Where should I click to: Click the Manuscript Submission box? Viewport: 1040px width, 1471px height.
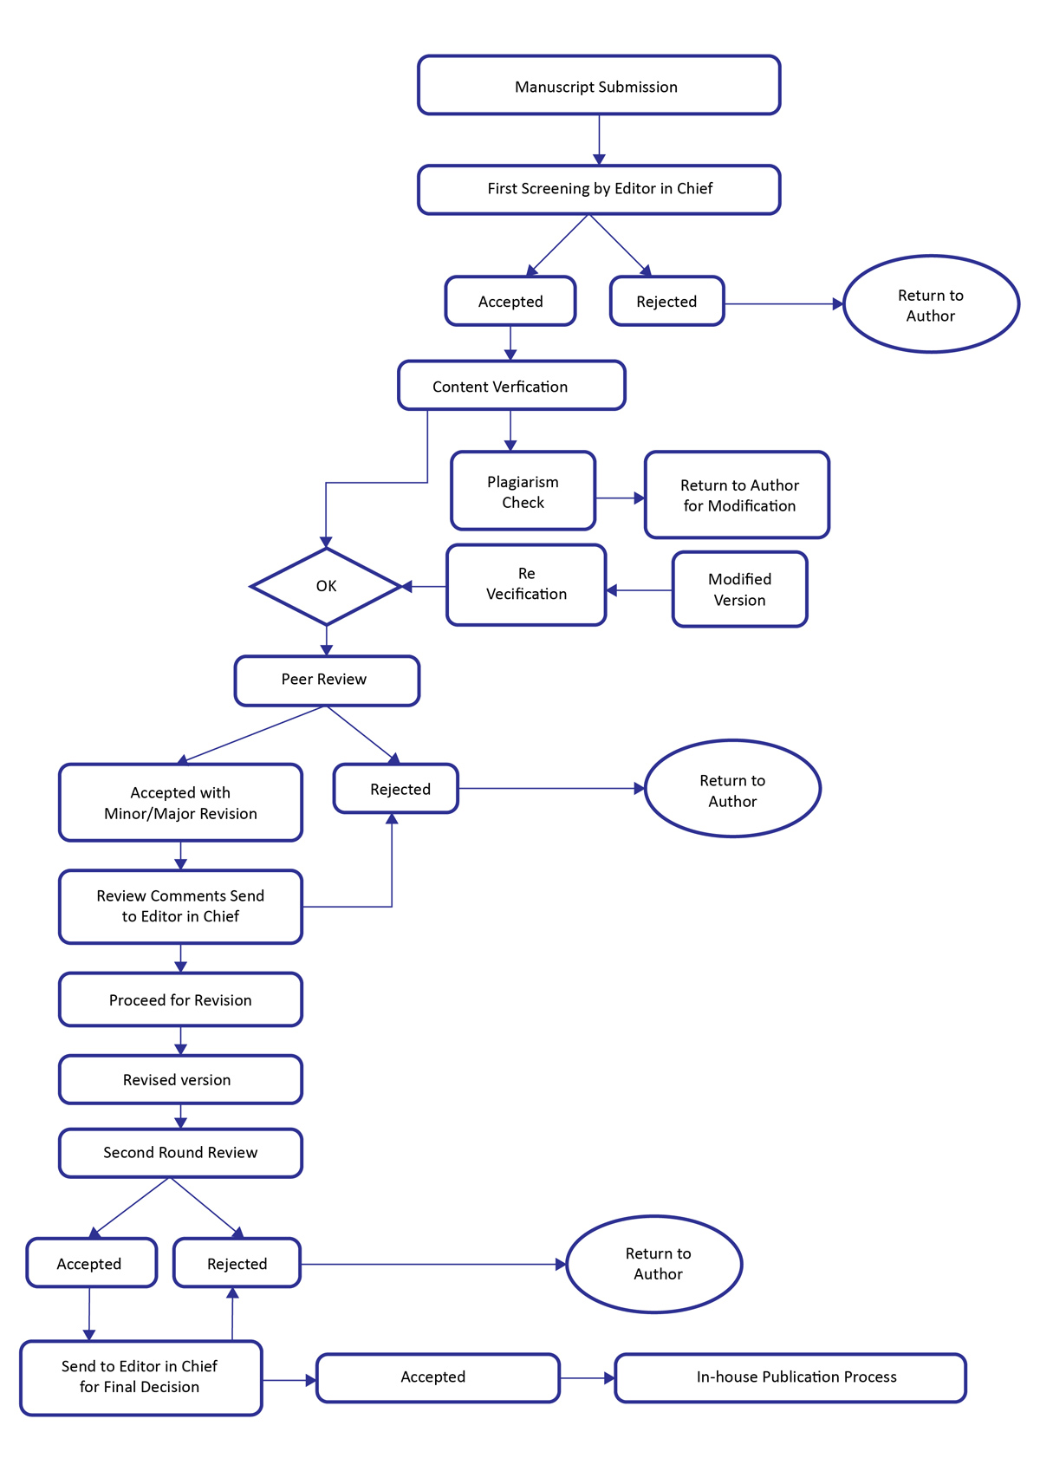[x=599, y=85]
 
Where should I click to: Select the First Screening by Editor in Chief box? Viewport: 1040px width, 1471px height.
[x=599, y=189]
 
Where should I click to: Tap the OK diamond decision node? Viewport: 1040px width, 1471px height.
[x=326, y=586]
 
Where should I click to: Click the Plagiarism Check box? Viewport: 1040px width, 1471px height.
[x=523, y=491]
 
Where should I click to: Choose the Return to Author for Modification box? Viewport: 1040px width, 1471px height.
[x=737, y=495]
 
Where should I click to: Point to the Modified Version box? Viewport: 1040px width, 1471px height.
[x=739, y=589]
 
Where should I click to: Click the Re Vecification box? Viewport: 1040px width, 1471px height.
[x=526, y=584]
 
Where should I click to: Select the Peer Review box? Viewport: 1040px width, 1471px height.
[x=327, y=680]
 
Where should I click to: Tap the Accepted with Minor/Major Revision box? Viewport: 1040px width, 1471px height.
[x=180, y=803]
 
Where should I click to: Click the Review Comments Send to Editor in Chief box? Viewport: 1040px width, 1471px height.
[x=180, y=907]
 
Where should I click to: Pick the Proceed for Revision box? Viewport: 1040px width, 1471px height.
[x=180, y=999]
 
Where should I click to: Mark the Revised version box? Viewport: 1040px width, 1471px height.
[x=180, y=1079]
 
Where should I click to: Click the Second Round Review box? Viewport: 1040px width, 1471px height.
[x=180, y=1153]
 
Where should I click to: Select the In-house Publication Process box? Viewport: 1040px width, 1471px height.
[x=790, y=1377]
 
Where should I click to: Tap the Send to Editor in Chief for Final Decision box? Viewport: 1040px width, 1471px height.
[x=140, y=1377]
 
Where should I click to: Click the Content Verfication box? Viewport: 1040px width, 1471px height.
[x=511, y=386]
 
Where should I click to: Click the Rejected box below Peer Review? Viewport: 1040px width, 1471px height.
[x=396, y=789]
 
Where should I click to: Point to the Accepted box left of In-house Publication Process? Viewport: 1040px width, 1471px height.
[x=438, y=1377]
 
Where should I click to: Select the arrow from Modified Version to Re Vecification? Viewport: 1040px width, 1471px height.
[x=639, y=590]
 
